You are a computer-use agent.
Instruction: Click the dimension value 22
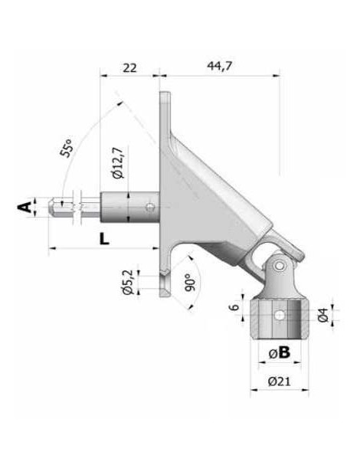[129, 67]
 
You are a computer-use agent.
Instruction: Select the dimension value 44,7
[219, 67]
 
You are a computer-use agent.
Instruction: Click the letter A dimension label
[25, 207]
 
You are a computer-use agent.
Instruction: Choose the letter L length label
[104, 237]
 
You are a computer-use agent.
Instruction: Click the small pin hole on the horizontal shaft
[151, 205]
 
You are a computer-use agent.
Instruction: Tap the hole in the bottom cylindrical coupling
[281, 315]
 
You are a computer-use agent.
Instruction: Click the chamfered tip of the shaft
[54, 206]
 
